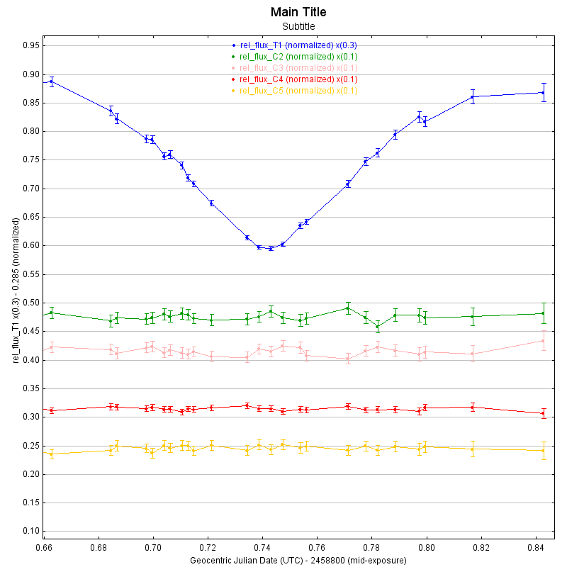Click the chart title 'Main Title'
coord(298,12)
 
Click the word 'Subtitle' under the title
coord(298,26)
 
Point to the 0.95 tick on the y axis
coord(30,45)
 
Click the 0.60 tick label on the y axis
coord(30,246)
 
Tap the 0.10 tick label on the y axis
coord(30,532)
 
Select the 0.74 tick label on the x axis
coord(262,549)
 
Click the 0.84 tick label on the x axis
coord(536,549)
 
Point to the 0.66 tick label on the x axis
coord(44,549)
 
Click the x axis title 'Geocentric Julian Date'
coord(298,561)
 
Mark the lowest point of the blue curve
coord(271,249)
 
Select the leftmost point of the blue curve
coord(51,82)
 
